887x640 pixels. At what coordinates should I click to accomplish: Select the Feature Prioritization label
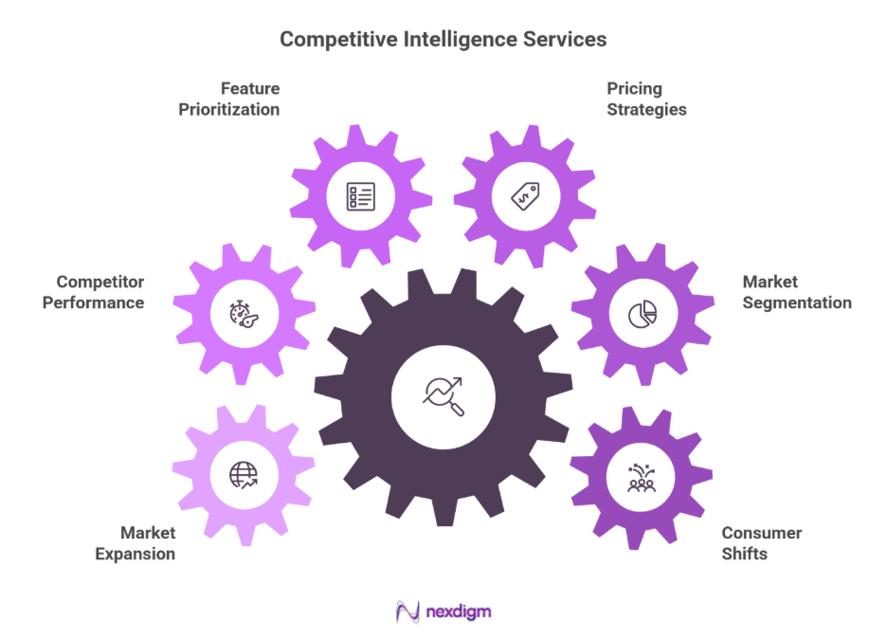click(x=229, y=99)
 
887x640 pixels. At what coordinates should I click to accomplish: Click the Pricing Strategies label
click(x=647, y=99)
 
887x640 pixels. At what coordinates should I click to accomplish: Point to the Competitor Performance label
click(x=93, y=292)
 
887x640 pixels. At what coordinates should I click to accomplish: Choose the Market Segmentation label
click(x=797, y=292)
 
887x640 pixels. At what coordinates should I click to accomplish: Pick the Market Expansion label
click(x=136, y=543)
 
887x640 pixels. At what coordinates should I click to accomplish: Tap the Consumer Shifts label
click(x=762, y=543)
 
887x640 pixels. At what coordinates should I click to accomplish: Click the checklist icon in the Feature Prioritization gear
click(x=361, y=196)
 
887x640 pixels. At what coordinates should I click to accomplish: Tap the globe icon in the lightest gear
click(x=244, y=475)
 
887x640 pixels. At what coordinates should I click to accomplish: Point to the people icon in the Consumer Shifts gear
click(x=642, y=479)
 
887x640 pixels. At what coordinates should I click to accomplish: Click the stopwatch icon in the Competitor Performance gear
click(x=244, y=314)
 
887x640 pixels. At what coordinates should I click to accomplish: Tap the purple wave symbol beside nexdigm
click(x=407, y=612)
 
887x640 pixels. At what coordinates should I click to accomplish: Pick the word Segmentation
click(x=797, y=302)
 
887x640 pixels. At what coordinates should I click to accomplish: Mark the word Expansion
click(x=136, y=554)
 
